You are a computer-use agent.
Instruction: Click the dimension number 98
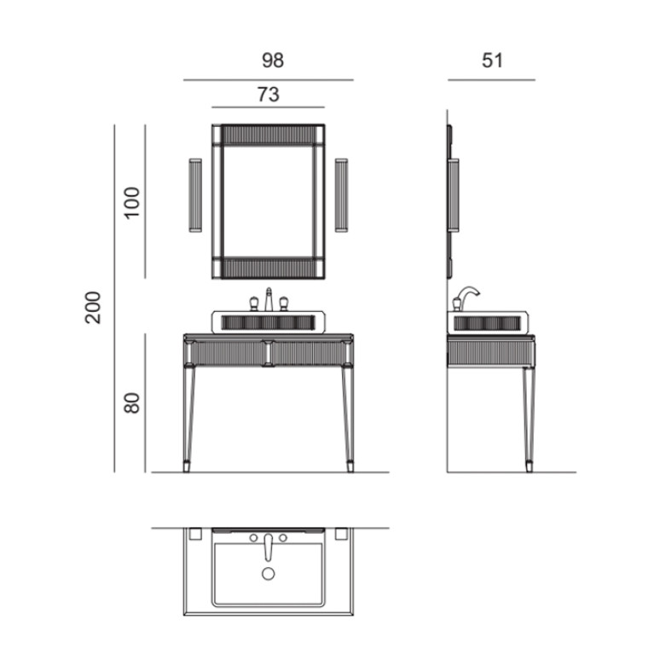pos(273,61)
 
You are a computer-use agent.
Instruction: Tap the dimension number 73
pos(269,95)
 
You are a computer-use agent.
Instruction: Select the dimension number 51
pos(492,61)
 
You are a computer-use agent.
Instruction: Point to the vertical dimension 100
pos(132,202)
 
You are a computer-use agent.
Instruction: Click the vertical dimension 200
pos(93,308)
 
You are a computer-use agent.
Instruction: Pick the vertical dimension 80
pos(132,402)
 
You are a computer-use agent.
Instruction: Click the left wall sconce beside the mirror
pos(195,195)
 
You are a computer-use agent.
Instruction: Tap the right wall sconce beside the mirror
pos(341,195)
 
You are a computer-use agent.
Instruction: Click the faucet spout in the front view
pos(269,299)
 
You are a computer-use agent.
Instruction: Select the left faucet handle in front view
pos(253,304)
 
